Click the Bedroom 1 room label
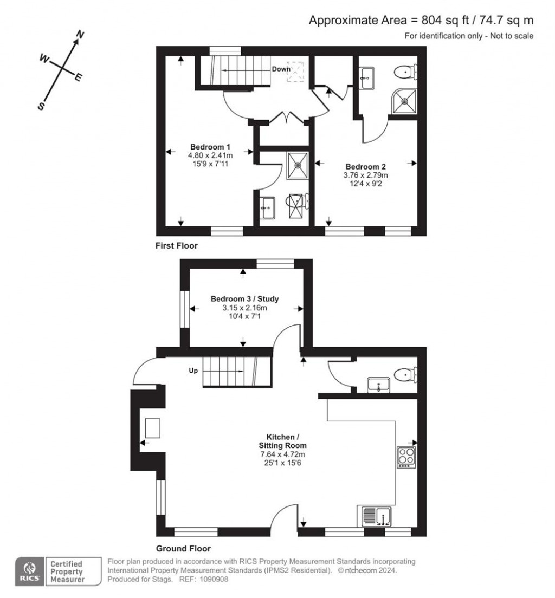(x=210, y=147)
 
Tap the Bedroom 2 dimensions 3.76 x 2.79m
(x=365, y=175)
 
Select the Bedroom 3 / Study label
(x=244, y=299)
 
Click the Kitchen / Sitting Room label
(x=282, y=441)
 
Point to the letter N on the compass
(x=80, y=35)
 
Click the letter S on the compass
(x=41, y=106)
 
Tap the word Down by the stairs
(x=281, y=69)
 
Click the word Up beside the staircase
(x=193, y=370)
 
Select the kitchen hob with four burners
(x=406, y=457)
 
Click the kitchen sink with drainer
(x=376, y=516)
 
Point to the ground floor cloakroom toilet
(x=405, y=374)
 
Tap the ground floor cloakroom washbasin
(x=378, y=385)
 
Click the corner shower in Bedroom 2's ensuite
(x=404, y=101)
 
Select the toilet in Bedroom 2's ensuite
(x=405, y=72)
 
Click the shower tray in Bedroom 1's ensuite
(x=298, y=166)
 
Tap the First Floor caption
(x=176, y=246)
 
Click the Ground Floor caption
(x=183, y=549)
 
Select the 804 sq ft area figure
(x=445, y=20)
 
